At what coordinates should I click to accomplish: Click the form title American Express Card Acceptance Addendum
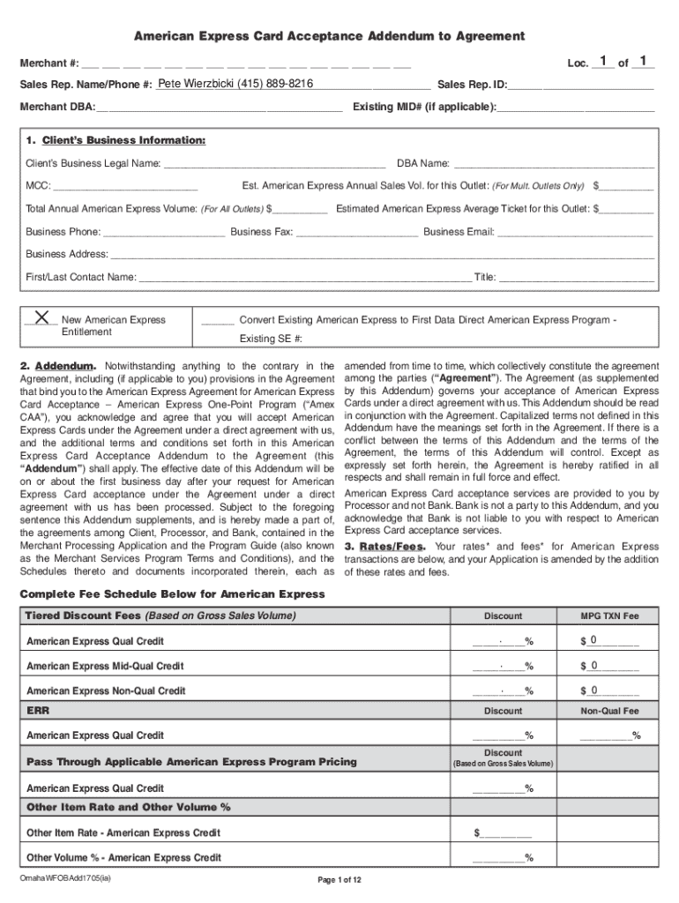pos(328,36)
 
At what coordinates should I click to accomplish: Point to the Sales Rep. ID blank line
pos(582,86)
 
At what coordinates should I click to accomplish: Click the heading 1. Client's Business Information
pos(116,141)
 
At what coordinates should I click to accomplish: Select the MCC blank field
pos(126,186)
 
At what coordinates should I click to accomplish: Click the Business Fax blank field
pos(356,232)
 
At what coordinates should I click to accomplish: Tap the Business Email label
pos(459,232)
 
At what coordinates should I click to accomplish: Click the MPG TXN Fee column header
pos(608,616)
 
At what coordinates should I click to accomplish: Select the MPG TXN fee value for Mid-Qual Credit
pos(612,666)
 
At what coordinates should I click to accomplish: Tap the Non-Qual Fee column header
pos(608,711)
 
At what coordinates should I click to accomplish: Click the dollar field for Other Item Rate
pos(505,832)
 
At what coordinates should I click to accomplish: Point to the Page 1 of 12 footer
pos(339,880)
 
